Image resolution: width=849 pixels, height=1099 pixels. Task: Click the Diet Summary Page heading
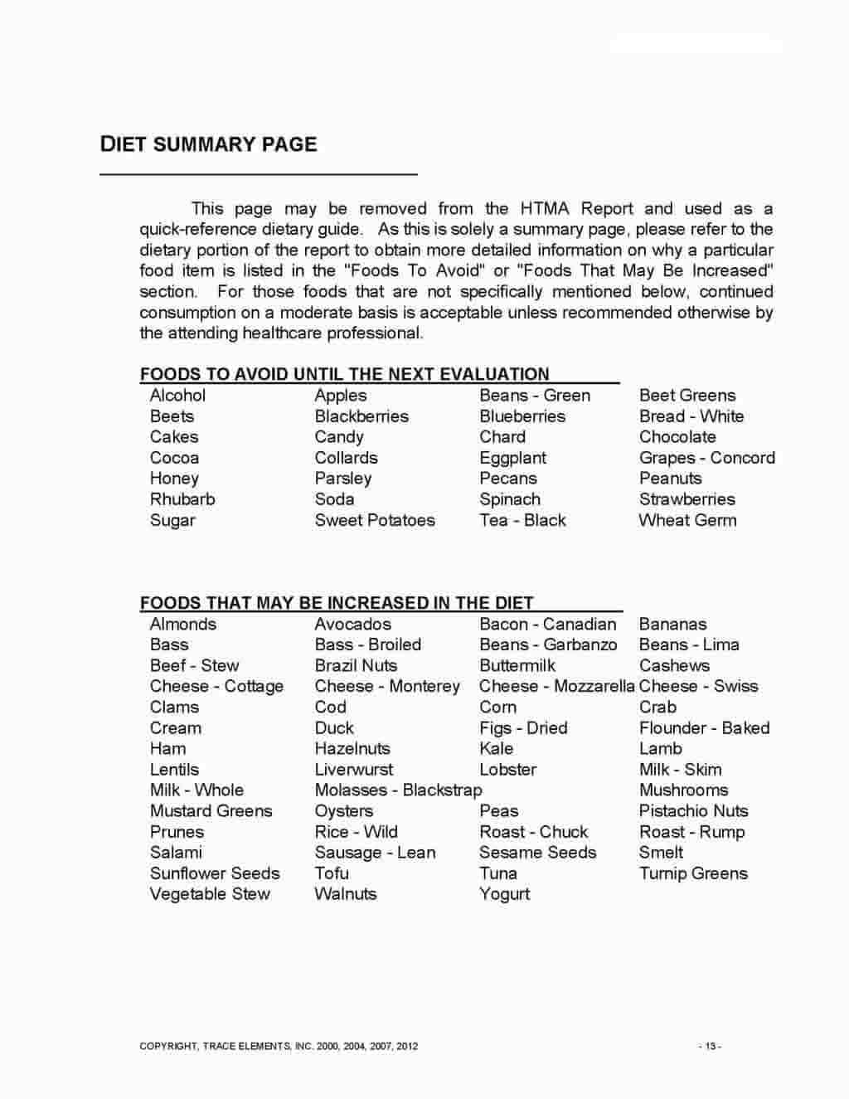coord(208,144)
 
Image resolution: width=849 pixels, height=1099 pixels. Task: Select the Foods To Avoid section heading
coord(344,374)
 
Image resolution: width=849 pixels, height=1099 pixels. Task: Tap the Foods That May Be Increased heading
coord(337,603)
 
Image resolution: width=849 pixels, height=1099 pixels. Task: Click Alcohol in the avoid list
coord(177,396)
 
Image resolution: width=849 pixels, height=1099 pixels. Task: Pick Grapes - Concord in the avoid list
coord(706,458)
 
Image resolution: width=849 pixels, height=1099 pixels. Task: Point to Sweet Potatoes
coord(375,520)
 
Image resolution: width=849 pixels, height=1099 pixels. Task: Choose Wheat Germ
coord(687,520)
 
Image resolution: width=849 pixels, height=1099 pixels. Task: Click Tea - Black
coord(522,520)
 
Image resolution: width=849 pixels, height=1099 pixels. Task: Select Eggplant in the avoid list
coord(512,458)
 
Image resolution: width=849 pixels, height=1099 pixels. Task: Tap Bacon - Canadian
coord(547,625)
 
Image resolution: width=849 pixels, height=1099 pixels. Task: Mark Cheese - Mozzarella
coord(556,687)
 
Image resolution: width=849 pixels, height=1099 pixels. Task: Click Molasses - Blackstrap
coord(398,790)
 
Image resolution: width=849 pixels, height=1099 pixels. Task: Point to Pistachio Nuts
coord(693,811)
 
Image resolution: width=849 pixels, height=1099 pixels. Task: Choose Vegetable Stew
coord(210,894)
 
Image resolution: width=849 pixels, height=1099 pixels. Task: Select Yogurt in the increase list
coord(504,894)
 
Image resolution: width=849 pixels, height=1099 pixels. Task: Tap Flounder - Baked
coord(704,728)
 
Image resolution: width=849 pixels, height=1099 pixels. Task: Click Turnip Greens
coord(693,873)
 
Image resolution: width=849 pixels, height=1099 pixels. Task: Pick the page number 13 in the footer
coord(710,1046)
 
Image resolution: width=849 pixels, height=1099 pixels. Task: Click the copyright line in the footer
coord(279,1046)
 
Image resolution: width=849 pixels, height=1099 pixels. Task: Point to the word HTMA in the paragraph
coord(545,208)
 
